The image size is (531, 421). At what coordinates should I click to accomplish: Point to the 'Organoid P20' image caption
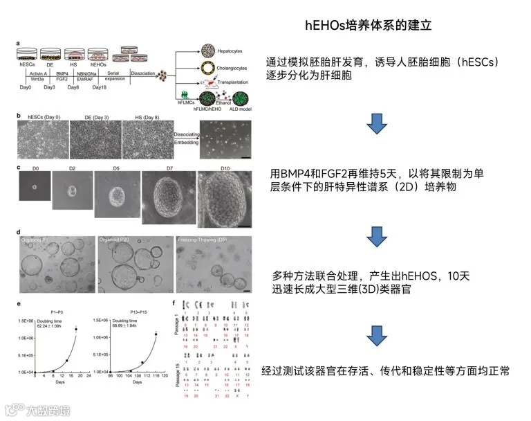(114, 240)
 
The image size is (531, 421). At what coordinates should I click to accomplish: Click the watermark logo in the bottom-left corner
(14, 409)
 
